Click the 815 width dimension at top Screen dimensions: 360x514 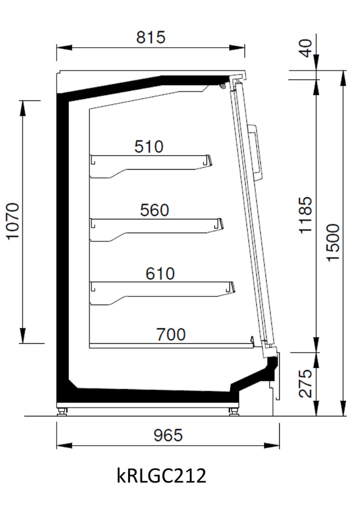pos(151,37)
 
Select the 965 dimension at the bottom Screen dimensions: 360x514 pos(168,435)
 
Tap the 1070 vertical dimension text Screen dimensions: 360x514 pos(13,221)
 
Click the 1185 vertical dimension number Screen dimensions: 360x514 pos(305,215)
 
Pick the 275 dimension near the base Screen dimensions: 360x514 pos(305,383)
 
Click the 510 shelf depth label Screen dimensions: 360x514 pos(149,146)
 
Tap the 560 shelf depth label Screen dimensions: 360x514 pos(154,210)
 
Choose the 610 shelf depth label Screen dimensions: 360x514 pos(160,273)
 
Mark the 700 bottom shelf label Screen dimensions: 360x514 pos(171,335)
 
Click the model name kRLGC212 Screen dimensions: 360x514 pos(161,475)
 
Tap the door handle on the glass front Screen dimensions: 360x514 pos(257,152)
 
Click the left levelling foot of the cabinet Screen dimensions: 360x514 pos(62,412)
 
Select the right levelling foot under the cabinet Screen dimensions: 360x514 pos(234,412)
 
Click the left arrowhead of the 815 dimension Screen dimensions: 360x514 pos(64,48)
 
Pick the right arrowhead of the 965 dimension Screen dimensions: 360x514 pos(272,446)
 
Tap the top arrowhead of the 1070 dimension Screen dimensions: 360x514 pos(23,108)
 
